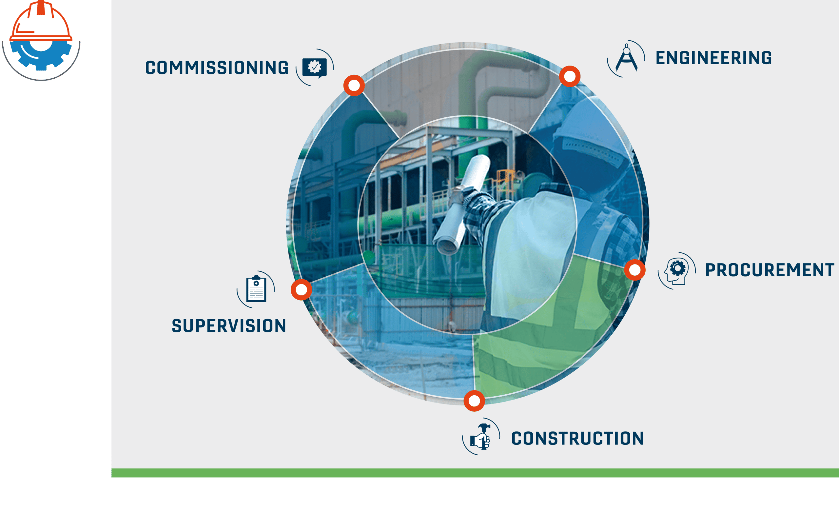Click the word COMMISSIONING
tap(217, 68)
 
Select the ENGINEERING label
tap(714, 58)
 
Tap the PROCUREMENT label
tap(770, 270)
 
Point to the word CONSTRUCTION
tap(577, 438)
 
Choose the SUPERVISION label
tap(229, 326)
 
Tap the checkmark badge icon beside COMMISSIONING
tap(314, 68)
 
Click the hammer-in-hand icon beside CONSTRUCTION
tap(480, 437)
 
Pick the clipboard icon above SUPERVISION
tap(256, 289)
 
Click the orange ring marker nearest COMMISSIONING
tap(354, 85)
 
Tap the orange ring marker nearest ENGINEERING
tap(570, 76)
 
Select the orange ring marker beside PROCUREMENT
tap(635, 270)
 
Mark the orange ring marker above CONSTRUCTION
tap(474, 401)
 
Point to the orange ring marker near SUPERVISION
tap(301, 290)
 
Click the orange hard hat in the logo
tap(41, 21)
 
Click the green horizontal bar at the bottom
tap(475, 473)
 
